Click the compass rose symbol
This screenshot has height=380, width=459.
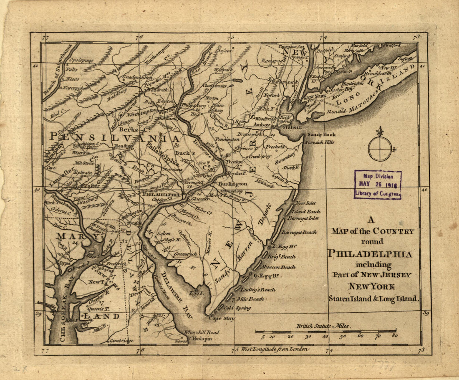click(x=380, y=149)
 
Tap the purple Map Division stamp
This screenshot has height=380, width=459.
click(x=377, y=184)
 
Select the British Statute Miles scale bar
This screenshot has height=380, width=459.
click(x=325, y=332)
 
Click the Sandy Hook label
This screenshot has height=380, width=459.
click(x=321, y=135)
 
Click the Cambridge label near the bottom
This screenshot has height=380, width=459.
click(x=121, y=341)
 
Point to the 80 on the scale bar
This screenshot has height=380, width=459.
click(x=394, y=335)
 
